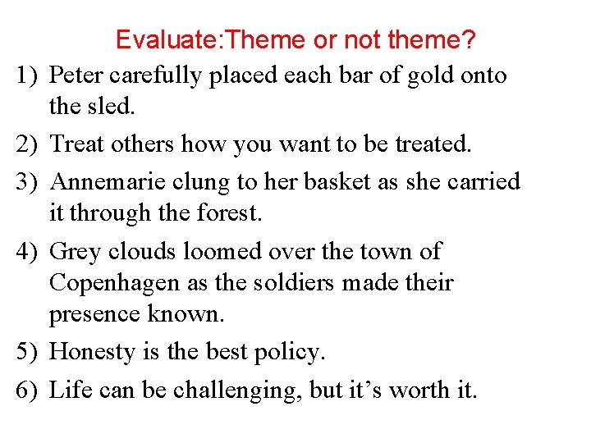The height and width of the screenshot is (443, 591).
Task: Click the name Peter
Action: pyautogui.click(x=76, y=75)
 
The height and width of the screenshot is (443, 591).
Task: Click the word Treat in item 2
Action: pyautogui.click(x=78, y=144)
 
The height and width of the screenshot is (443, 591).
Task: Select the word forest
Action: pyautogui.click(x=227, y=213)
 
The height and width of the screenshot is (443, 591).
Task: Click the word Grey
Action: pyautogui.click(x=75, y=251)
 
